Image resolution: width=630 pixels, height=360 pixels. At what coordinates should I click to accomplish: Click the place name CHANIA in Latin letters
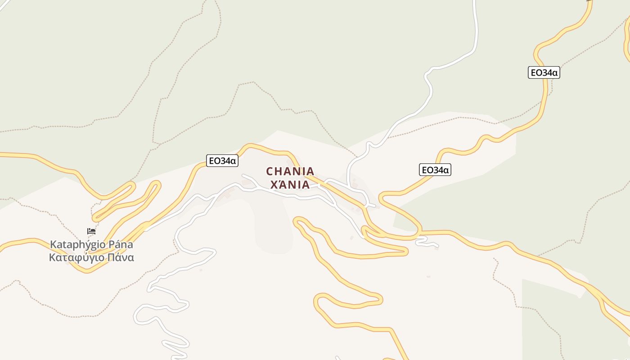coord(290,171)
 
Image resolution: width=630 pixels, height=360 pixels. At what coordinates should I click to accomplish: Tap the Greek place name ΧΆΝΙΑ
coord(290,184)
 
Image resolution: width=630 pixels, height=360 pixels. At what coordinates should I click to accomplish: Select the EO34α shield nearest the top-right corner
coord(544,72)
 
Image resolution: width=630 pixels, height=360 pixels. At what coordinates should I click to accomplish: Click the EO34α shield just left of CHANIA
coord(222,161)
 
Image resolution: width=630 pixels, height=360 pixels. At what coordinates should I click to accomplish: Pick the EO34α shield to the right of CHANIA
coord(435,170)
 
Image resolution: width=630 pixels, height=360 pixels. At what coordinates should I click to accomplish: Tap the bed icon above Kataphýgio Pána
coord(91,231)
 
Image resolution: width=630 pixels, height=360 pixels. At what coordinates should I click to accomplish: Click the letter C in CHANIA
coord(270,171)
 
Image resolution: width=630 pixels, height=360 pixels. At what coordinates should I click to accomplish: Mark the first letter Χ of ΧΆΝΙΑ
coord(273,184)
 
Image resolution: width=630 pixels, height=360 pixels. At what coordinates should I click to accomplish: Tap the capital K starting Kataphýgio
coord(53,245)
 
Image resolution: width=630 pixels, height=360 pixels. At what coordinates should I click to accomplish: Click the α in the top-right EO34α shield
coord(555,73)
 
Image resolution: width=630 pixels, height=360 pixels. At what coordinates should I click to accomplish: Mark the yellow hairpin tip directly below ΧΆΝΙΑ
coord(297,220)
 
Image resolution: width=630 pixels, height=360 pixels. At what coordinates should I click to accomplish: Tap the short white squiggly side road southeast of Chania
coord(425,243)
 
